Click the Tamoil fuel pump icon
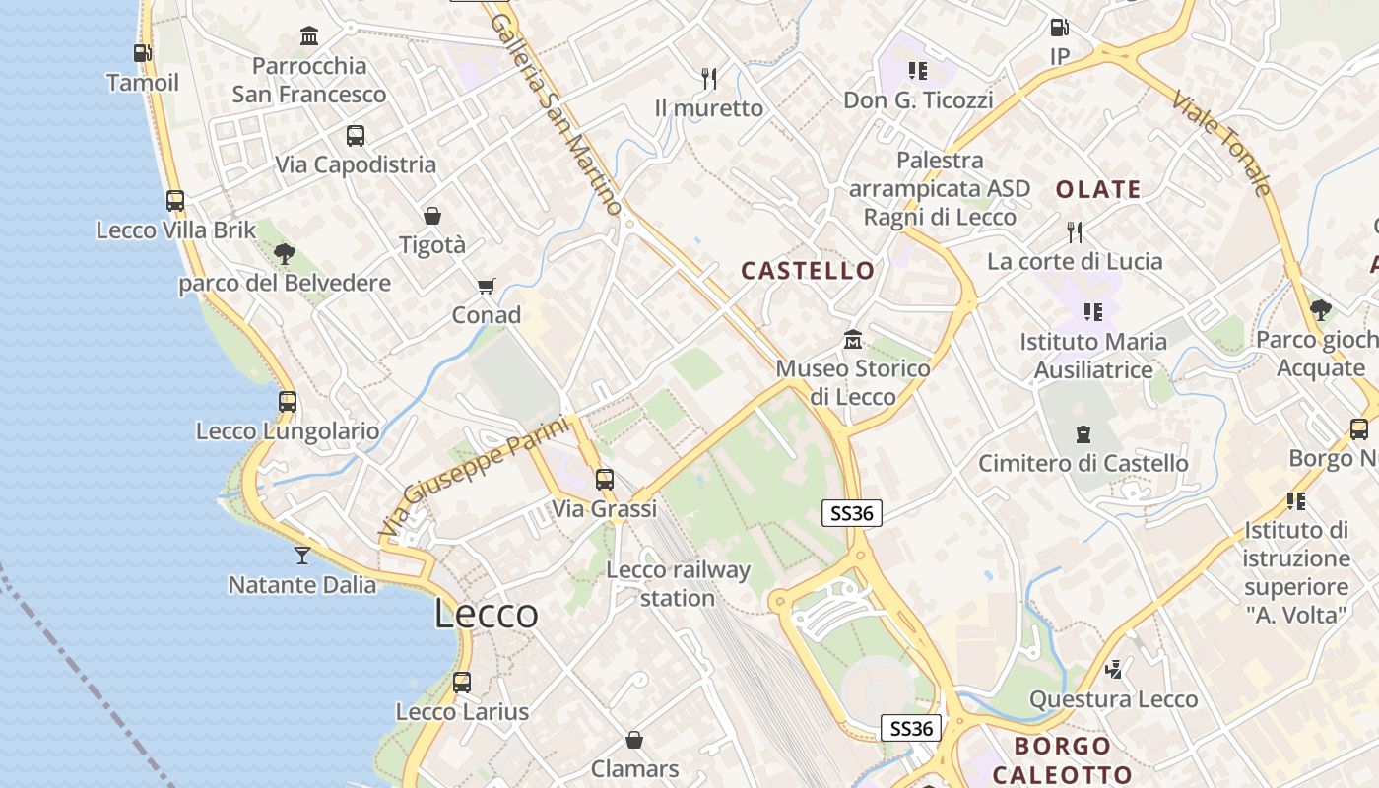coord(143,53)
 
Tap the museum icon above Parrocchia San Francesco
coord(309,36)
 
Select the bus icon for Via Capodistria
coord(356,136)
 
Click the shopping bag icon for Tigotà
coord(431,216)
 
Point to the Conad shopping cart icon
coord(486,287)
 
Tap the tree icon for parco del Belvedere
coord(285,254)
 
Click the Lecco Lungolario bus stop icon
coord(288,402)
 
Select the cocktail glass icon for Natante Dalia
coord(302,556)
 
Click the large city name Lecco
coord(487,614)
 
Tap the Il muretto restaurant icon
coord(708,78)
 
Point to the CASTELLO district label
coord(808,271)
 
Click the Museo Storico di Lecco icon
coord(853,340)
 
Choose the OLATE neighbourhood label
coord(1098,190)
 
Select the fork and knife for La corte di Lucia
coord(1075,232)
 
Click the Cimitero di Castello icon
coord(1083,434)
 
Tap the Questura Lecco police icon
coord(1114,670)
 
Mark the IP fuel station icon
coord(1059,29)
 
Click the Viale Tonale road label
coord(1222,144)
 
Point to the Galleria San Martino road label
coord(557,112)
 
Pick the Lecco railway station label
coord(678,584)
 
